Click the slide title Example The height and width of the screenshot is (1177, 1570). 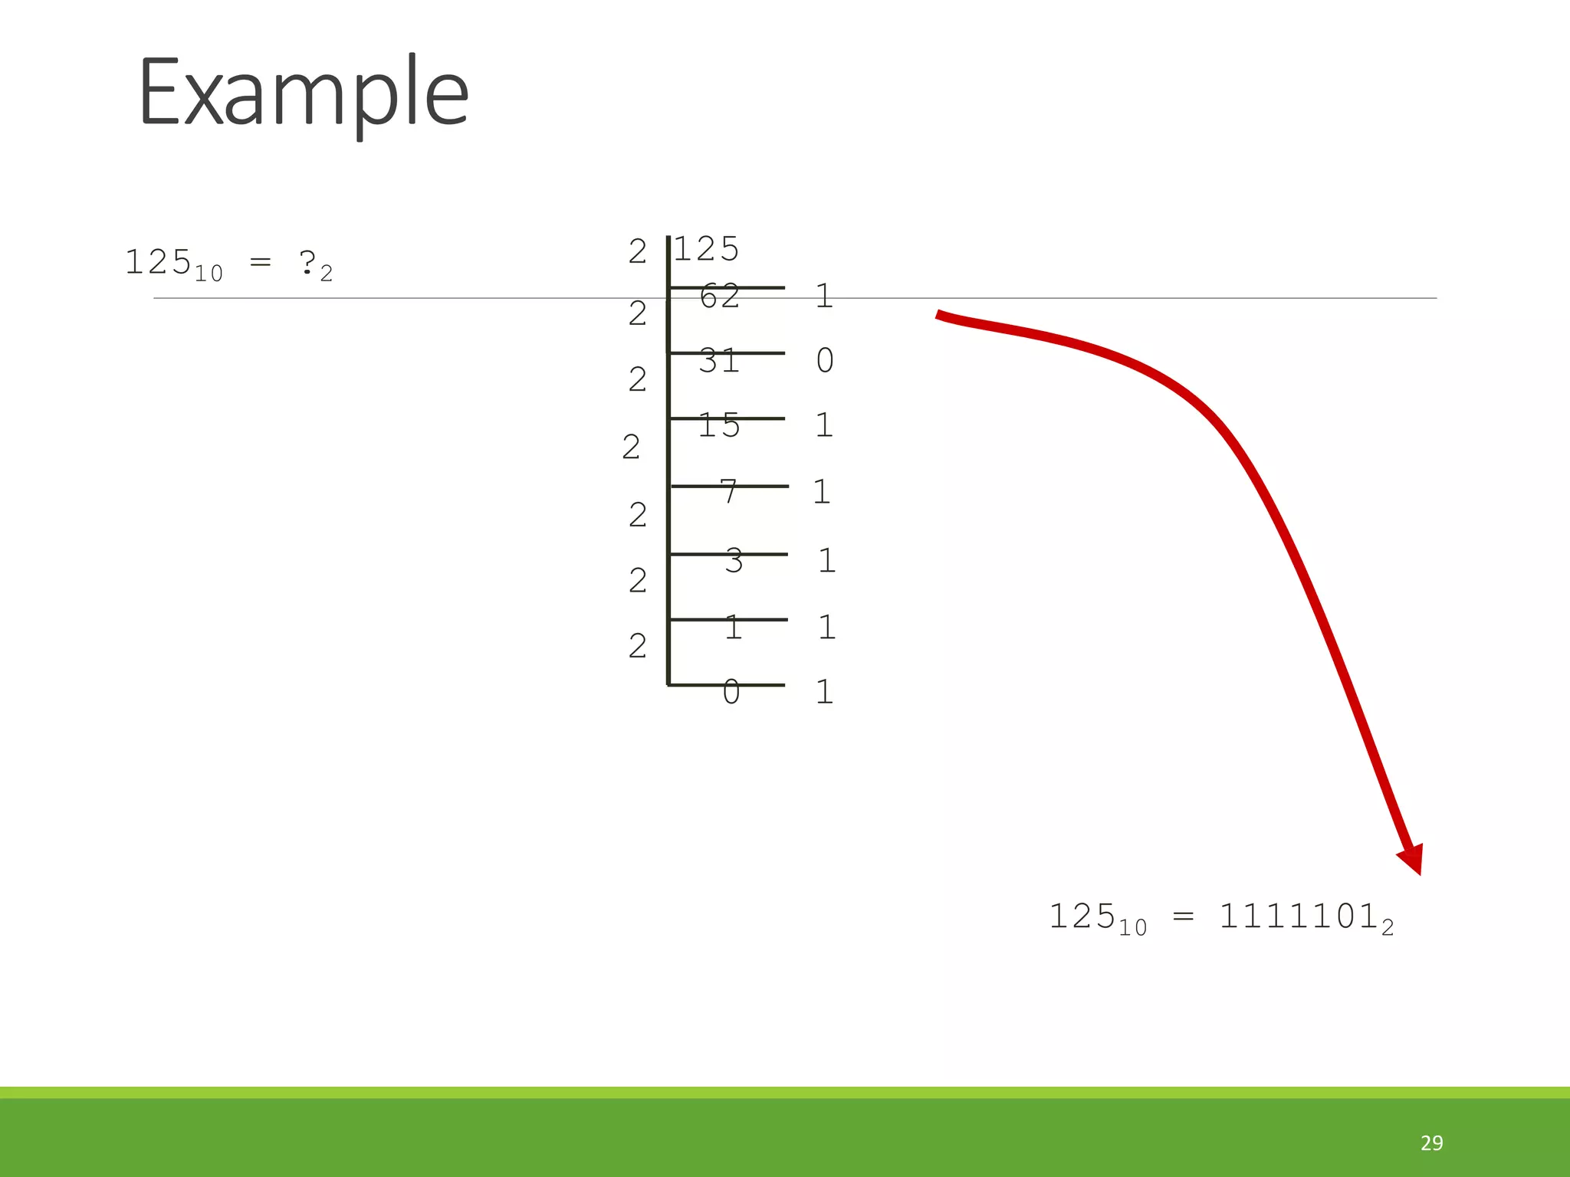click(303, 93)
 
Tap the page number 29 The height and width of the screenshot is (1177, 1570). click(1431, 1143)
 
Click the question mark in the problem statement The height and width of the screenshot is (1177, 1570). click(307, 263)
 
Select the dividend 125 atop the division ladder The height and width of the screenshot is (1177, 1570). click(706, 249)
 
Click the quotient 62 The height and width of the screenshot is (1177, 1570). click(720, 297)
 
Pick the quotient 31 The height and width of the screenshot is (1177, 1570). click(719, 361)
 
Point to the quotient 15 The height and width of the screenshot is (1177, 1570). click(719, 425)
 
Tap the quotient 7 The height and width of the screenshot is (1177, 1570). click(729, 492)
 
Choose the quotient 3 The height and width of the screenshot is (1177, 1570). click(734, 561)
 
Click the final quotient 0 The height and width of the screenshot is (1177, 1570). click(731, 692)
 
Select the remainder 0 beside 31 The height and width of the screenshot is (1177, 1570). click(825, 360)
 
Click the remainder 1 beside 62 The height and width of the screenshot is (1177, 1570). click(824, 296)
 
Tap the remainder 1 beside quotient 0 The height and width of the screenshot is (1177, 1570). click(824, 692)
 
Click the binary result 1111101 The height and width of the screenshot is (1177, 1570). click(1299, 916)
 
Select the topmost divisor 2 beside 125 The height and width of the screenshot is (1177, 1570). click(638, 251)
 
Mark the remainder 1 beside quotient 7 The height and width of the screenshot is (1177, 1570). click(822, 492)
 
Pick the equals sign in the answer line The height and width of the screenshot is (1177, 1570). click(1183, 916)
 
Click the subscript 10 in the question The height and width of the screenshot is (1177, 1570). click(209, 274)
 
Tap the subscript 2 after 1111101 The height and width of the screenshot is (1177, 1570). click(1388, 928)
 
